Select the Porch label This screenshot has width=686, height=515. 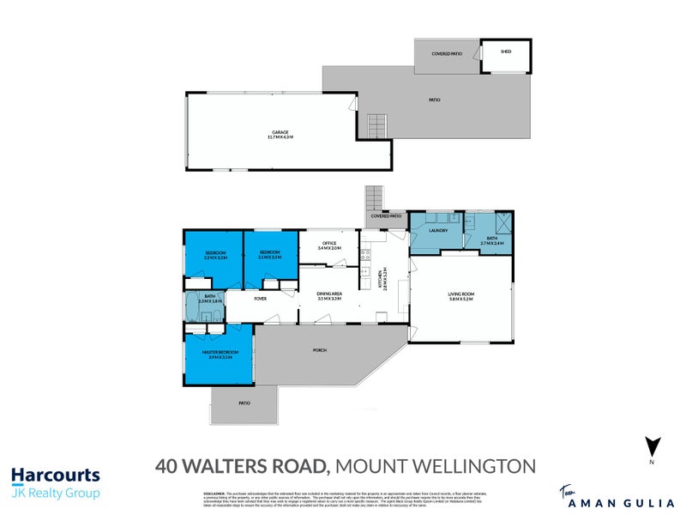320,350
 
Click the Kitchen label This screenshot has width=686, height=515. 382,279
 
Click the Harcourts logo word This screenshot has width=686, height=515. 56,476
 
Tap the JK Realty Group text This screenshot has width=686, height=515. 56,493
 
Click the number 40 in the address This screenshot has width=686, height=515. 168,467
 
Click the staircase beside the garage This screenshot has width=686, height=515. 376,125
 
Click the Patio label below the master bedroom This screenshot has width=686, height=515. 244,403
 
